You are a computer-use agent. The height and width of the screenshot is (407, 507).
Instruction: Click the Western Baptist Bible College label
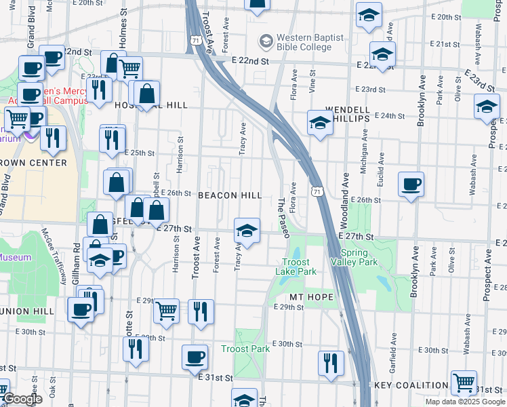coord(310,42)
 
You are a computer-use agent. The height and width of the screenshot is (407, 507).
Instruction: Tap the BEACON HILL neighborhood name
coord(230,195)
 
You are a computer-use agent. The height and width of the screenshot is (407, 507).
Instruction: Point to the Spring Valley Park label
coord(354,256)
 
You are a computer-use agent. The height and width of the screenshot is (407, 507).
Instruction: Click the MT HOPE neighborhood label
coord(311,297)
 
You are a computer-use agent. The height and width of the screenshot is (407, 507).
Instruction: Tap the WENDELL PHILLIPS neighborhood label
coord(348,113)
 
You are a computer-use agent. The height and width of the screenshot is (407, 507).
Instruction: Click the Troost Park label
coord(245,349)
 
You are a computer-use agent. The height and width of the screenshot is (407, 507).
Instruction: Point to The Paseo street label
coord(285,217)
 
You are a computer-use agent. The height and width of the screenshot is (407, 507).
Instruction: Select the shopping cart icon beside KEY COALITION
coord(464,382)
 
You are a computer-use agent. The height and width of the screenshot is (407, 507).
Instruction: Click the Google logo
coord(23,400)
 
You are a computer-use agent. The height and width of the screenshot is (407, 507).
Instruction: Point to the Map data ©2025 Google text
coord(464,402)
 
